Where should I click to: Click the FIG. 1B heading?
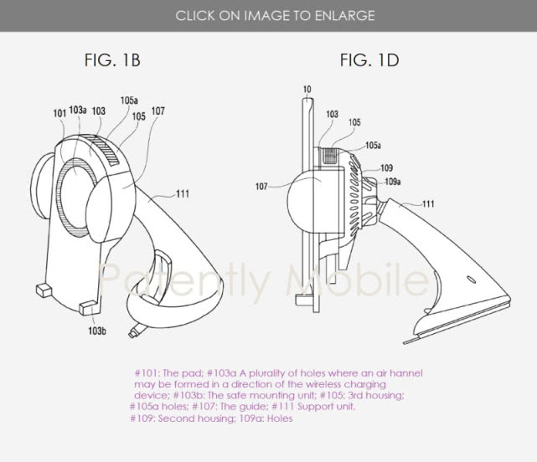point(112,60)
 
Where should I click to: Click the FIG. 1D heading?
point(369,60)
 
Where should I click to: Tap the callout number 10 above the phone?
point(307,90)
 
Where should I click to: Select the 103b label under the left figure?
point(97,331)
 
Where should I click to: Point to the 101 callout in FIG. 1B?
point(59,113)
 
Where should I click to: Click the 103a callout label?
point(78,110)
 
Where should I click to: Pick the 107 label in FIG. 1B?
point(157,110)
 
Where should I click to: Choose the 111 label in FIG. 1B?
point(183,194)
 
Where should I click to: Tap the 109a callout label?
point(392,182)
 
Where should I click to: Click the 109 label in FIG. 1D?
point(387,168)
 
